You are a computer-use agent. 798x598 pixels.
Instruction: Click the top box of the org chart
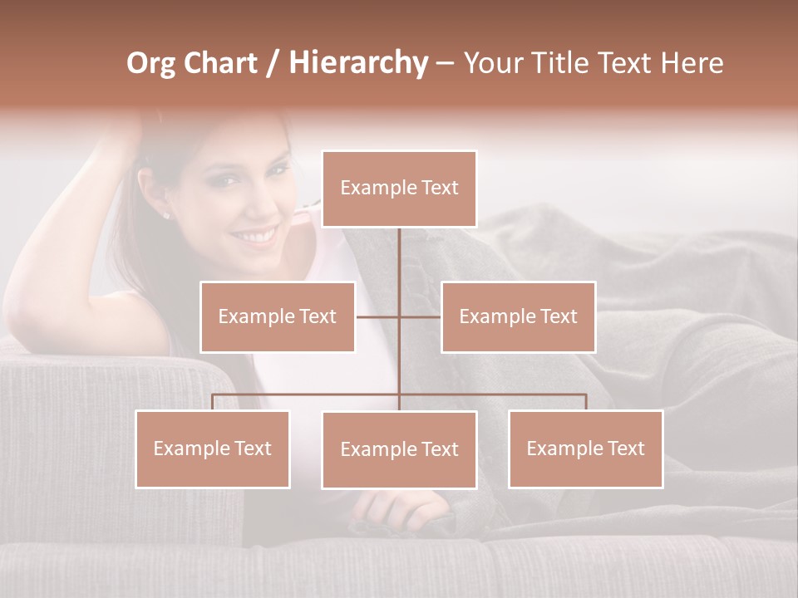[x=399, y=189]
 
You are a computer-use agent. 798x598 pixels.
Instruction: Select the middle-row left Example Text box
[x=278, y=316]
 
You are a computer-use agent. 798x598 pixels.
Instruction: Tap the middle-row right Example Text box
[x=518, y=316]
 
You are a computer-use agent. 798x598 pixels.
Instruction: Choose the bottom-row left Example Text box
[x=213, y=448]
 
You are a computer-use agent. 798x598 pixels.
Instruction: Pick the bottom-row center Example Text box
[x=399, y=449]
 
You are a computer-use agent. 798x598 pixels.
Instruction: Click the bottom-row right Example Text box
[x=585, y=448]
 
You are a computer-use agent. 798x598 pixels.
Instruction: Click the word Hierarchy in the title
[x=358, y=63]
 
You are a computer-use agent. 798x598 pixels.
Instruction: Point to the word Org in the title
[x=150, y=64]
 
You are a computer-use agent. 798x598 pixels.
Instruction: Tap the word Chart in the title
[x=221, y=63]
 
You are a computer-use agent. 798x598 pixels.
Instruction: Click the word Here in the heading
[x=692, y=63]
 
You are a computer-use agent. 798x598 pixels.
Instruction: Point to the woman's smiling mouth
[x=255, y=237]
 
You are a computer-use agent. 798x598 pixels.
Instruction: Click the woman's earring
[x=165, y=216]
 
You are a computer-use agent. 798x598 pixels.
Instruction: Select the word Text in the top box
[x=438, y=188]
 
